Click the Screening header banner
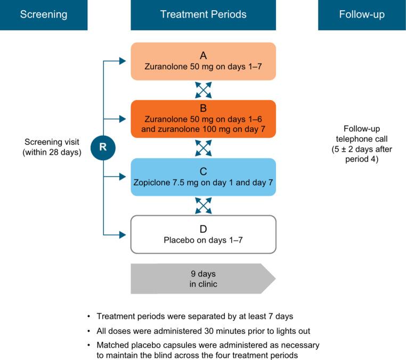44,15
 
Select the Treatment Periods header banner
203,15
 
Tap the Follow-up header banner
362,15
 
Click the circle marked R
103,148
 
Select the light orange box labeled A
203,61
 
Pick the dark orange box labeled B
203,119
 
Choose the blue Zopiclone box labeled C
203,177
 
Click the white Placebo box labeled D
203,234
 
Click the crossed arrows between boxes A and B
203,90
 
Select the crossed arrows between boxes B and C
203,148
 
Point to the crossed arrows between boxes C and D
203,206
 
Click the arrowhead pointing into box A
127,61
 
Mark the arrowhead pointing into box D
127,234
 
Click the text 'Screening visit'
52,142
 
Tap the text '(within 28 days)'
52,152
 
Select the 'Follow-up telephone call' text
362,134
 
